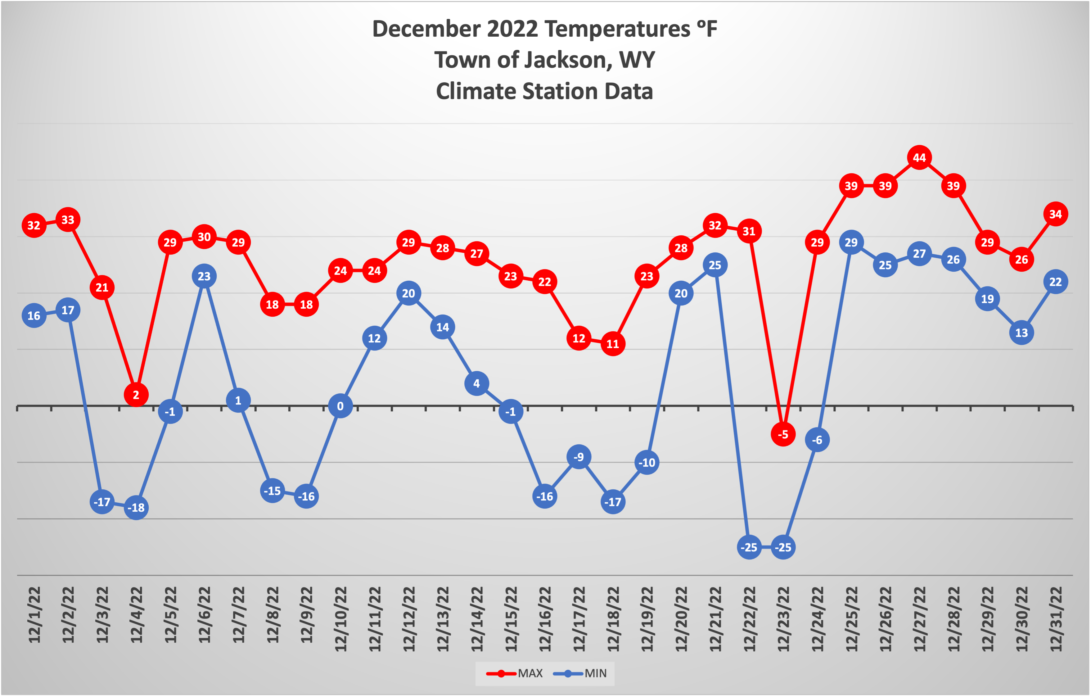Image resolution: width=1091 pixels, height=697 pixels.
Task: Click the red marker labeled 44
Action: (919, 158)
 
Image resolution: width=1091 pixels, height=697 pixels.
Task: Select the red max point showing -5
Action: (783, 434)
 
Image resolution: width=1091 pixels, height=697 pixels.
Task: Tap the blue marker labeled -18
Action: (136, 508)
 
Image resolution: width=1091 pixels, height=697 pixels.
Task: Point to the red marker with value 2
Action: (136, 395)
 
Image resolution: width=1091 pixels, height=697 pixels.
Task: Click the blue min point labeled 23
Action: (204, 276)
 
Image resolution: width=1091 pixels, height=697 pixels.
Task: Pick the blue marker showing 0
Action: (340, 406)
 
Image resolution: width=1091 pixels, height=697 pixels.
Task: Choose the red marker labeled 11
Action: (613, 344)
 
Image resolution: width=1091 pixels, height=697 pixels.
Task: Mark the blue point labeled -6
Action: (817, 440)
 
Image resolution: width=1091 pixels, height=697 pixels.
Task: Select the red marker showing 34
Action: (1055, 214)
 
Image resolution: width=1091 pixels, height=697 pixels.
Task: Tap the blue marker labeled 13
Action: (1021, 333)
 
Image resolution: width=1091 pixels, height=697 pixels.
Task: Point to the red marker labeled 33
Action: (68, 220)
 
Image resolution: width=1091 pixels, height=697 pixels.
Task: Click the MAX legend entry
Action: (515, 673)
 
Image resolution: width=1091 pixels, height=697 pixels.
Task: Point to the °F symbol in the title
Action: (707, 29)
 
